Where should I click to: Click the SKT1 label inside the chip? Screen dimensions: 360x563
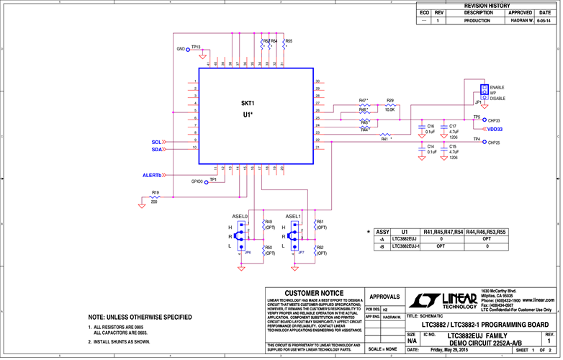point(248,104)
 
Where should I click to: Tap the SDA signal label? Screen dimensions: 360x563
point(156,150)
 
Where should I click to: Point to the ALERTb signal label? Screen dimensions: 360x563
point(152,175)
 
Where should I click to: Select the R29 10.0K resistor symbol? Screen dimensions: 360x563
point(389,105)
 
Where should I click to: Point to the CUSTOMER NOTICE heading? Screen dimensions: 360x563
point(314,294)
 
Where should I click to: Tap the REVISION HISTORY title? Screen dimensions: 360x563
point(487,5)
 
